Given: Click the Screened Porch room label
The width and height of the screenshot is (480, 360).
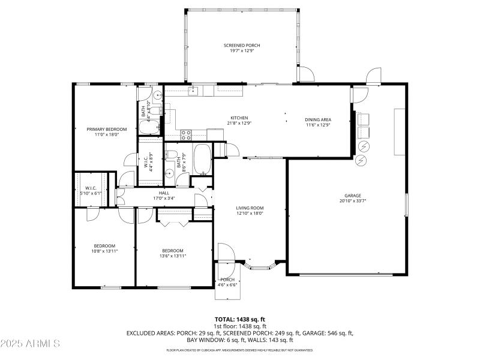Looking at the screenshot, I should pos(242,46).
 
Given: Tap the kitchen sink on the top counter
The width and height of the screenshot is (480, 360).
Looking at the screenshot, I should pos(193,91).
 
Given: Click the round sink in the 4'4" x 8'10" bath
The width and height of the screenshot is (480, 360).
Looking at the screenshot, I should pos(157,94).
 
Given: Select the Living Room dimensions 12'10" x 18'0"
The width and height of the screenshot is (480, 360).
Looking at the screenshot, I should pos(250,214).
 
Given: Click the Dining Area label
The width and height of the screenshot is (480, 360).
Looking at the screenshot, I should pos(319,119).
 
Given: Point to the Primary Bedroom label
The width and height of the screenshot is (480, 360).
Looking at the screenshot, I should pos(107,130).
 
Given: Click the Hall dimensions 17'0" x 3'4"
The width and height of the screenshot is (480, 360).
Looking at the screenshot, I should pos(164,198).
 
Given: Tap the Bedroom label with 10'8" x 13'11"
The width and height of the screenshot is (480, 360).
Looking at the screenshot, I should pos(104,245).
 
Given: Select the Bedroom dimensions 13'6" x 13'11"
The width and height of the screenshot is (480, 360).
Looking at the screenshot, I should pos(173,256).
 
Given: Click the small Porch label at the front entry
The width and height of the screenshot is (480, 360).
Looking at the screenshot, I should pos(227,280).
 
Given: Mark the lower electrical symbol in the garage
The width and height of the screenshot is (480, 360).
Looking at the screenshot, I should pos(361,161).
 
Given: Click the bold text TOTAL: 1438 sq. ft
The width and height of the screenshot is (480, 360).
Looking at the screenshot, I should pos(240,319).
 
